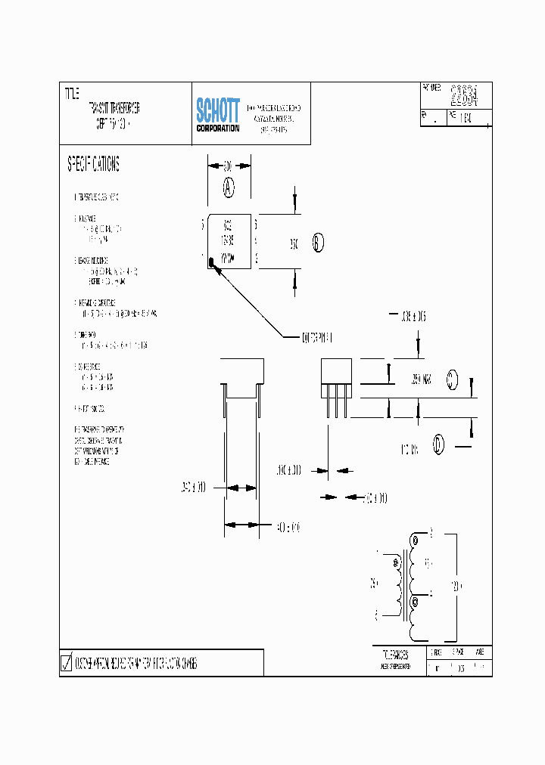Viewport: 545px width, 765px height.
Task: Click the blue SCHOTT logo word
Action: coord(218,110)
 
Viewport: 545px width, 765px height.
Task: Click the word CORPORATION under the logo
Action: coord(218,129)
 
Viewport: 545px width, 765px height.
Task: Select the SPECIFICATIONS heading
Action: coord(93,164)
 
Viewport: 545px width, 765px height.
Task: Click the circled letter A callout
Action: coord(229,187)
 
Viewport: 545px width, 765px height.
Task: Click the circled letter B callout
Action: coord(318,243)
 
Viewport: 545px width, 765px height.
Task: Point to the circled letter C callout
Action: coord(453,379)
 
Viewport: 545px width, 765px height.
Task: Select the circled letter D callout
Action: coord(439,445)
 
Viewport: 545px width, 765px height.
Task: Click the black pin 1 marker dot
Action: coord(213,262)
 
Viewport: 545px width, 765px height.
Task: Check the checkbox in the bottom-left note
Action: coord(66,664)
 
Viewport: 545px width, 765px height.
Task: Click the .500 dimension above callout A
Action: coord(228,164)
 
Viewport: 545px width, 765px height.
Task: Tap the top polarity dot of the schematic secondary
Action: coord(414,540)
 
